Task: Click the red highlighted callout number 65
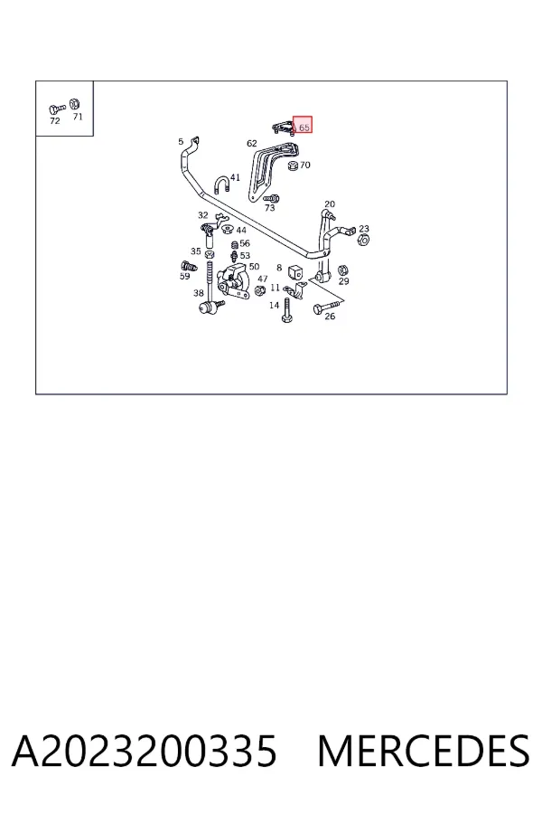pos(304,128)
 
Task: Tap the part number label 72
pos(54,121)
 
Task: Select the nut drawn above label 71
pos(75,103)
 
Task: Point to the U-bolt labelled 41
pos(221,185)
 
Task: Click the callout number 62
pos(251,143)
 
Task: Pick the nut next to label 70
pos(293,166)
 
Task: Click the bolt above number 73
pos(271,198)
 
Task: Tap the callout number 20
pos(330,204)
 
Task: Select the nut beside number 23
pos(363,240)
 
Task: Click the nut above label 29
pos(343,270)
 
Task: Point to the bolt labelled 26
pos(327,307)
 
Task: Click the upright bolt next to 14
pos(286,310)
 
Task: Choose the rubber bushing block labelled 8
pos(295,271)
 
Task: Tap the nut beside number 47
pos(260,291)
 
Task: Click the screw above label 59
pos(189,267)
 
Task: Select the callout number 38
pos(199,293)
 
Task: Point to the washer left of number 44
pos(227,228)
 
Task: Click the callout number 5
pos(181,141)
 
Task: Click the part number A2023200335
pos(145,751)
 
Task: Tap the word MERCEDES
pos(424,751)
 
